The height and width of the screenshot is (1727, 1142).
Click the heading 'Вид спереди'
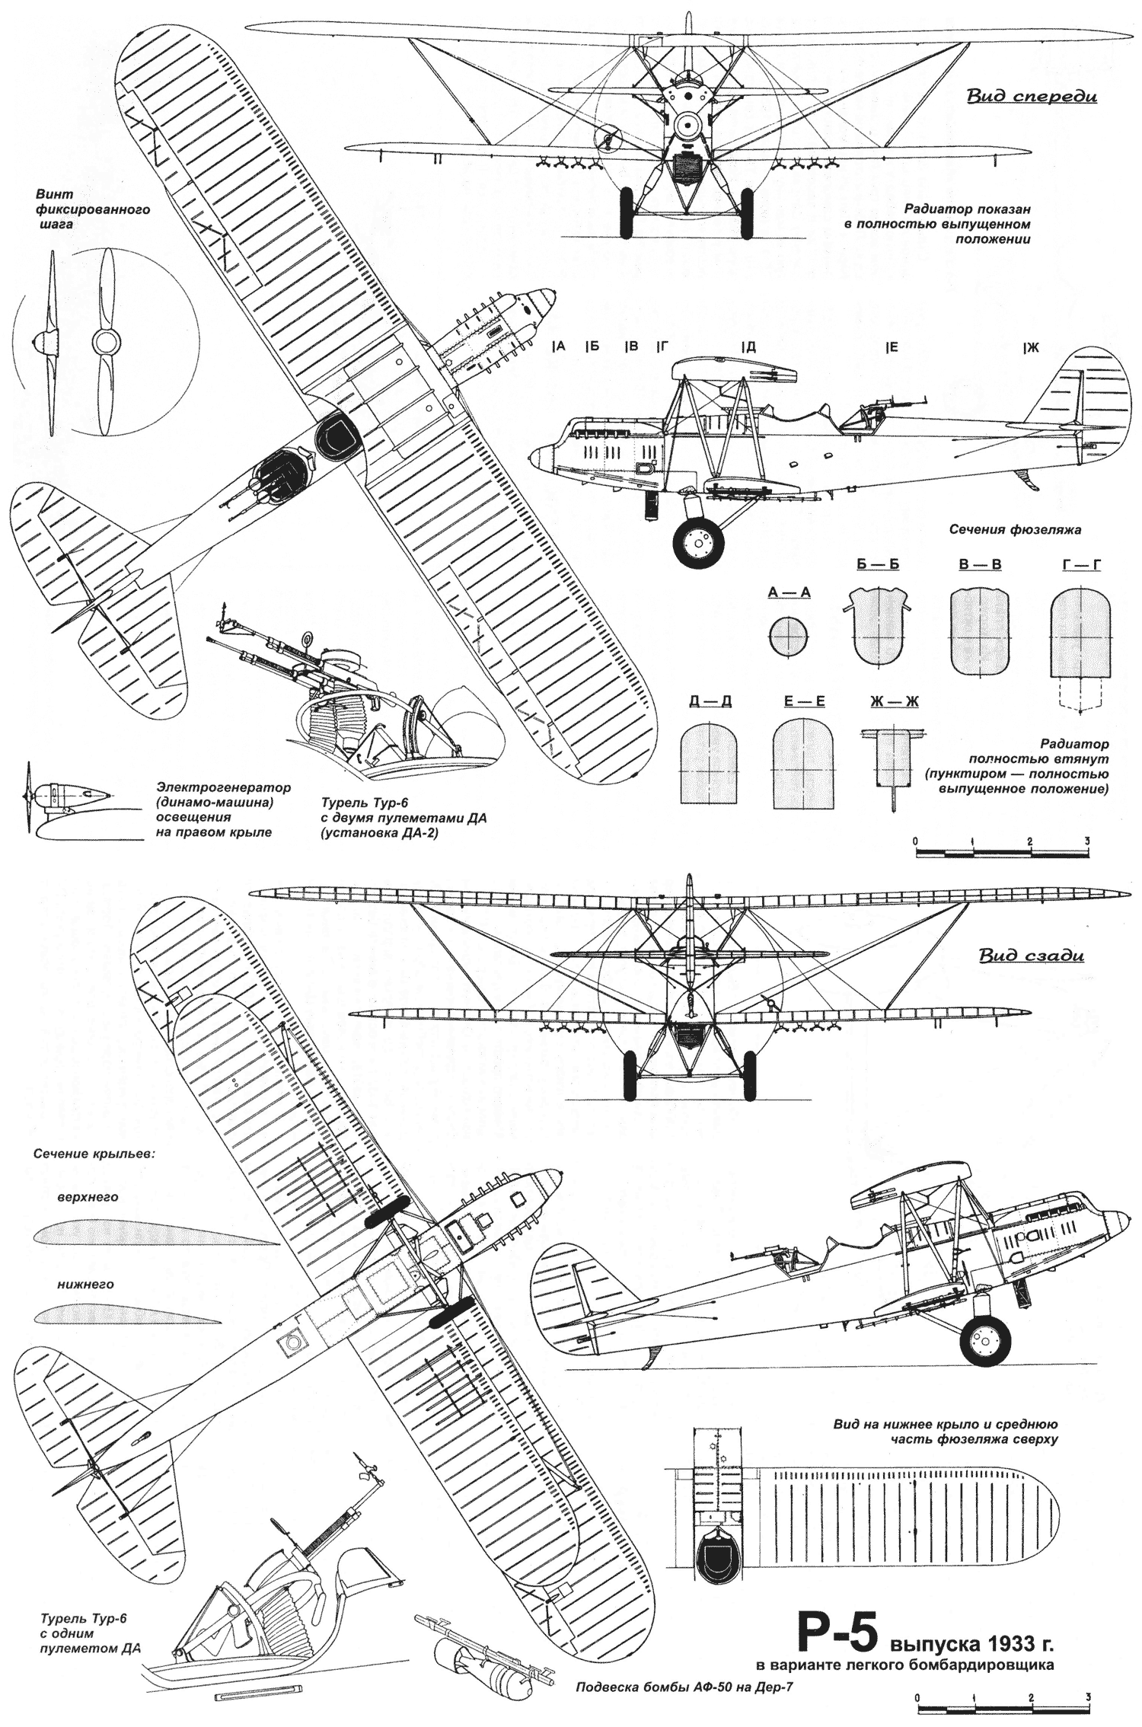(x=1031, y=97)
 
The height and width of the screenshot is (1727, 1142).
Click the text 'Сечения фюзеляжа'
(x=1015, y=529)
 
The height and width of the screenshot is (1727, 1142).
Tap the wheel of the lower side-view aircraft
(x=986, y=1340)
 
